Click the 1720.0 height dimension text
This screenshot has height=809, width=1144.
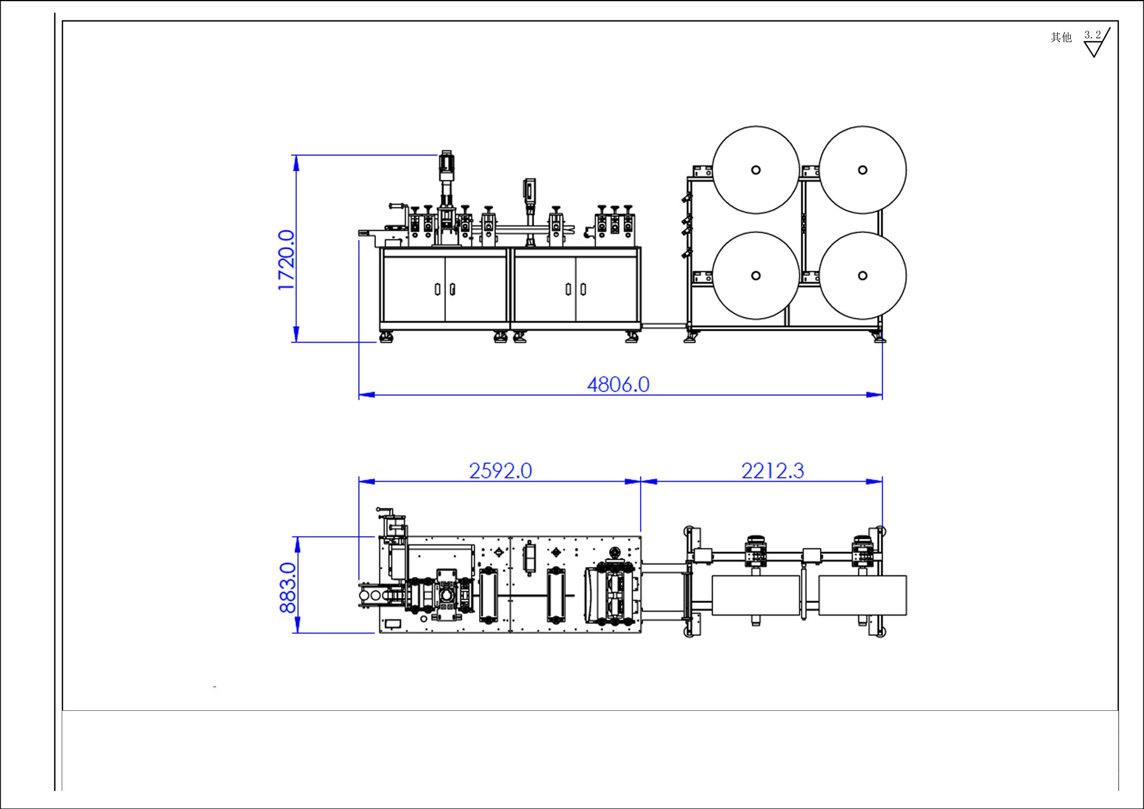[x=287, y=260]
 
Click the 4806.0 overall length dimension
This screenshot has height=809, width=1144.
[x=618, y=385]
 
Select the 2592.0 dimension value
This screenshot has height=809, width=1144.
[x=500, y=471]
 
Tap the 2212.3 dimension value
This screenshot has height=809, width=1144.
[x=773, y=471]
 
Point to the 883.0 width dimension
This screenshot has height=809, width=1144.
[x=288, y=587]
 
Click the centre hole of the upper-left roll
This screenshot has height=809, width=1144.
[x=756, y=170]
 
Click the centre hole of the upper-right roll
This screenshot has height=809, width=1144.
[x=862, y=170]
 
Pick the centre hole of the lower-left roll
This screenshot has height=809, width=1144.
[x=756, y=276]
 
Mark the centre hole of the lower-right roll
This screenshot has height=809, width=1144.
[x=862, y=276]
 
